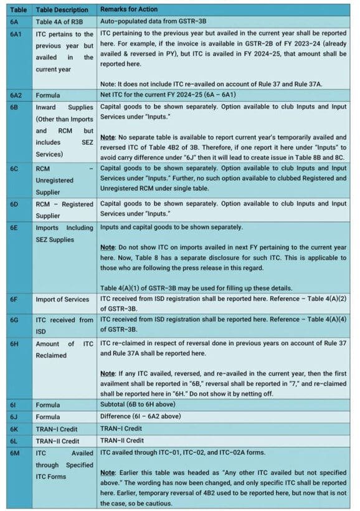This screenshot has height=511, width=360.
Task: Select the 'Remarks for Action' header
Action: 129,9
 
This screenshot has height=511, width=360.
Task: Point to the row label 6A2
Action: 16,95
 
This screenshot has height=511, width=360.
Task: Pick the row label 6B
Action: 14,107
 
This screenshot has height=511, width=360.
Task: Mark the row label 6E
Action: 14,227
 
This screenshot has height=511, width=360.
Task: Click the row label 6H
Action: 14,344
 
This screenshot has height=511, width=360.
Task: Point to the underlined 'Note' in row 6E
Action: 108,247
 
